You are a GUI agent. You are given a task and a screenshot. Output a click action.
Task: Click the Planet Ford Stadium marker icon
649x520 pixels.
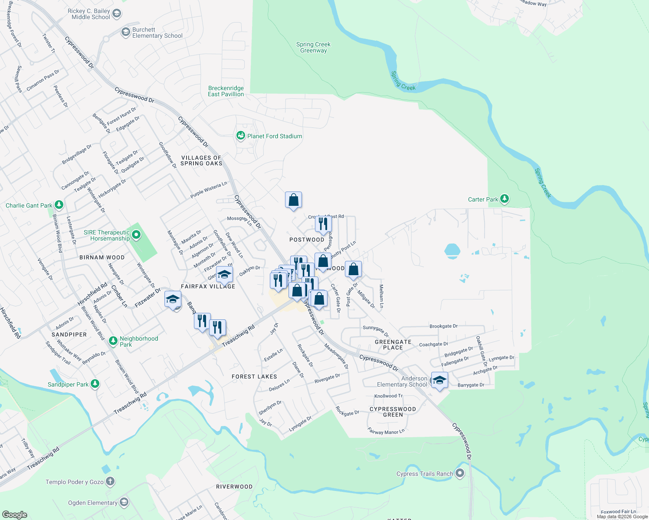[x=240, y=136]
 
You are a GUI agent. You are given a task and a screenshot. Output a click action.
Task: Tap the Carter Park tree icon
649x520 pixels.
[x=504, y=199]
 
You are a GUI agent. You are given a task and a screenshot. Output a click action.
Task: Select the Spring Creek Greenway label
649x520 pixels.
[x=313, y=47]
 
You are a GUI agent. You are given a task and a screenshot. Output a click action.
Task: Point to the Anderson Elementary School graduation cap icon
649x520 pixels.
[x=439, y=380]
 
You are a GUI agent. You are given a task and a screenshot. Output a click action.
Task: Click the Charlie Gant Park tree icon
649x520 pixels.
[x=59, y=205]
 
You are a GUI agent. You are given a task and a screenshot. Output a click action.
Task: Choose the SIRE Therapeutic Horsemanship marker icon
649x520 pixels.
[x=136, y=235]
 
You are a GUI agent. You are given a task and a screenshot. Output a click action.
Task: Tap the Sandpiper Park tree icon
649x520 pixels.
[x=95, y=384]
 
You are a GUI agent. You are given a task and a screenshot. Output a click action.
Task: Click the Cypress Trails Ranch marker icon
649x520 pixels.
[x=460, y=473]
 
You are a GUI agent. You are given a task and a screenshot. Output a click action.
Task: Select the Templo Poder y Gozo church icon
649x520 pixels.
[x=110, y=481]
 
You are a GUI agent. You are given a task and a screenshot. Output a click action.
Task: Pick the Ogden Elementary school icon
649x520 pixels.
[x=124, y=502]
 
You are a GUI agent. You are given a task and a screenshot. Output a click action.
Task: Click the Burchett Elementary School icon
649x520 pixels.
[x=125, y=32]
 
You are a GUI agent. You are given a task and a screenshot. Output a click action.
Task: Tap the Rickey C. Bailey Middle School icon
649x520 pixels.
[x=116, y=13]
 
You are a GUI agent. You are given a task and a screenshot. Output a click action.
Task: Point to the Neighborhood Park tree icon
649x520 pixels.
[x=113, y=341]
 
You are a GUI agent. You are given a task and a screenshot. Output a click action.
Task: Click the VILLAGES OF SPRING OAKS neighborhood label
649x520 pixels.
[x=201, y=161]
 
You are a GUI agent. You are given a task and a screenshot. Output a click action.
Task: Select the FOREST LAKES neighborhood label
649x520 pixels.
[x=254, y=377]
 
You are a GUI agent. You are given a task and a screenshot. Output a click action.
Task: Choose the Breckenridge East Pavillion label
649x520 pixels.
[x=226, y=91]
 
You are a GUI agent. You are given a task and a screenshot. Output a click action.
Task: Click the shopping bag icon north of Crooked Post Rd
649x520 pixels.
[x=294, y=200]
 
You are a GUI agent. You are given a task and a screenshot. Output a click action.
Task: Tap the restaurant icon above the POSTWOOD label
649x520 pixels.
[x=323, y=224]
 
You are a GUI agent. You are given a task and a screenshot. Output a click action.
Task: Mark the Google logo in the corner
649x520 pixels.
[x=14, y=514]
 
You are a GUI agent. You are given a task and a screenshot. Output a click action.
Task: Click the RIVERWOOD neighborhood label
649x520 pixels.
[x=234, y=487]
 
